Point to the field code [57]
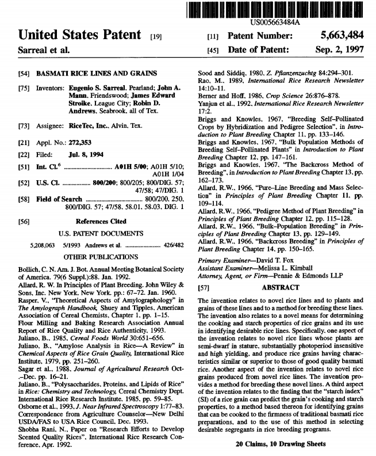[203, 287]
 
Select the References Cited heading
[101, 221]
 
